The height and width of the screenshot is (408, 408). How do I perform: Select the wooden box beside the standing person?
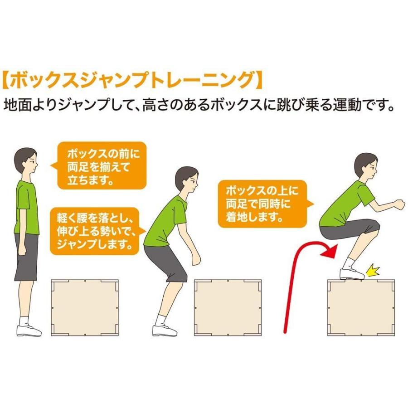pyautogui.click(x=85, y=307)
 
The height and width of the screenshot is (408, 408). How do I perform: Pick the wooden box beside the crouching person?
pyautogui.click(x=228, y=307)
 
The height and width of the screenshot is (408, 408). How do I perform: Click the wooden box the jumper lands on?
pyautogui.click(x=361, y=308)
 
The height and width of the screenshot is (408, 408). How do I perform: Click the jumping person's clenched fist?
pyautogui.click(x=399, y=204)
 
